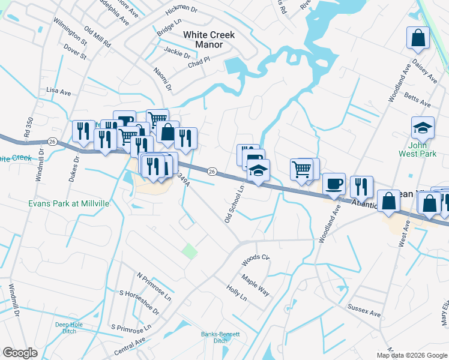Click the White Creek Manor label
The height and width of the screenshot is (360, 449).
click(208, 40)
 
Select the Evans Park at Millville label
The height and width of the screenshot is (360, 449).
click(68, 203)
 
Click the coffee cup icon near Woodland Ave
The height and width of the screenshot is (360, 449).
click(334, 184)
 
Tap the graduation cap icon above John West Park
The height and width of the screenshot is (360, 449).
click(423, 127)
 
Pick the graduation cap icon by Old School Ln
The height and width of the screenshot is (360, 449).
click(258, 171)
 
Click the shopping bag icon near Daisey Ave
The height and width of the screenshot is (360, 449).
click(417, 38)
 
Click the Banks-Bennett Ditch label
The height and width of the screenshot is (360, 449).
click(220, 337)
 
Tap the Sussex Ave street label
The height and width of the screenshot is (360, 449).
click(364, 310)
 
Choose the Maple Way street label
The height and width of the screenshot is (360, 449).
click(255, 286)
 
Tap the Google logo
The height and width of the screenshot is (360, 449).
click(20, 353)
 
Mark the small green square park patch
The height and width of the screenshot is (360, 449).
click(190, 251)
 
